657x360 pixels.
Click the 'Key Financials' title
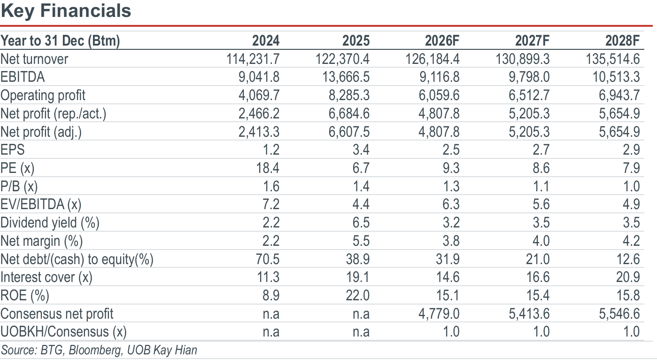click(66, 11)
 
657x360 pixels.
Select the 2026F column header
click(442, 40)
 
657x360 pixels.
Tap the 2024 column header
click(266, 40)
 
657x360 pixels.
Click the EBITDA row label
click(23, 77)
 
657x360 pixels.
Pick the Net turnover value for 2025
click(342, 59)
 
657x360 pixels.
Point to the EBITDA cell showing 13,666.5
click(346, 77)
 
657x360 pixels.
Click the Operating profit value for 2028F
click(619, 95)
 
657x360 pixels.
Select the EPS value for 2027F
click(541, 150)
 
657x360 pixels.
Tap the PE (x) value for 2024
click(268, 168)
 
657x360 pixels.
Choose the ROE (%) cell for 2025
click(357, 295)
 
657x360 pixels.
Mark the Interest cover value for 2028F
click(628, 277)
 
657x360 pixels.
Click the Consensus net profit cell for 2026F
click(439, 313)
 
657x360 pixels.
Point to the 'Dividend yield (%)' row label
click(50, 223)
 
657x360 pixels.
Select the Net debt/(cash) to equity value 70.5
click(268, 259)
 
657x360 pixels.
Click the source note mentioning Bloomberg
click(99, 350)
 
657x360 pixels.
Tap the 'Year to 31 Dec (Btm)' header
click(60, 40)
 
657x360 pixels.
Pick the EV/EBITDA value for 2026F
click(451, 204)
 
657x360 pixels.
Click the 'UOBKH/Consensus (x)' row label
click(64, 332)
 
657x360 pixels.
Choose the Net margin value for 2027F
click(541, 241)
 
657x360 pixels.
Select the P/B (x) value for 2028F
click(632, 186)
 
